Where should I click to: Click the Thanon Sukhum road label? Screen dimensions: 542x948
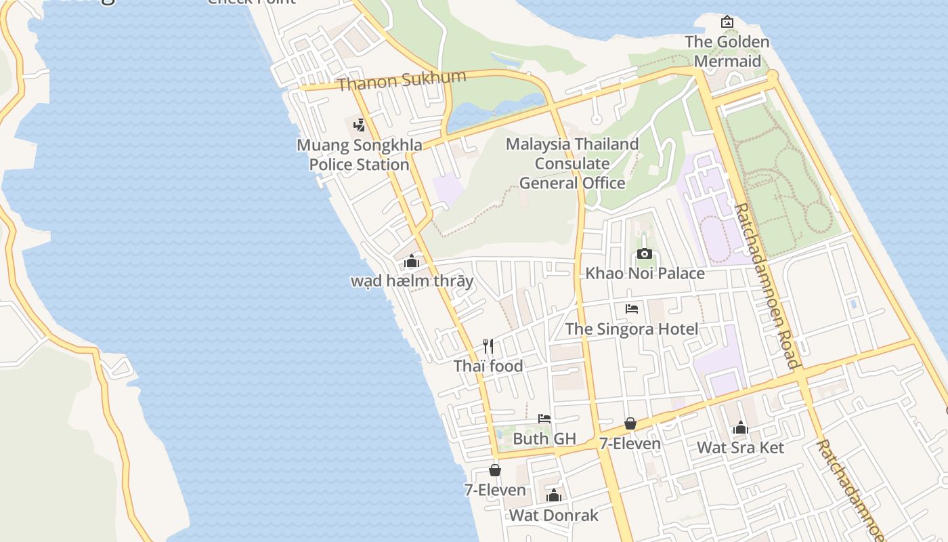click(x=402, y=81)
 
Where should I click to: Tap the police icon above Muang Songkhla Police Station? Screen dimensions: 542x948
click(x=360, y=125)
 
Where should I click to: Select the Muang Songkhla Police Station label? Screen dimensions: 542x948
click(x=360, y=154)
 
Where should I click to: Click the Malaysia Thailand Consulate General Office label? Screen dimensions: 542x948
click(x=572, y=163)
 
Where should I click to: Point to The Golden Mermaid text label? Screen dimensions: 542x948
click(x=727, y=51)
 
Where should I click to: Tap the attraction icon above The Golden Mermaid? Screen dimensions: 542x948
click(x=727, y=22)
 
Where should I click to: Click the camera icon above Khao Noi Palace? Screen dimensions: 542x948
click(x=645, y=254)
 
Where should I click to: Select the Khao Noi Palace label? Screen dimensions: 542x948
click(x=645, y=274)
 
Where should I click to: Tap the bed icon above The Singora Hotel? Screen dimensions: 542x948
click(x=632, y=309)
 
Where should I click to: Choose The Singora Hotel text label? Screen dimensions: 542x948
click(x=632, y=329)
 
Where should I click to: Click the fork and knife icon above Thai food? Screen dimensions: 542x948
click(x=488, y=346)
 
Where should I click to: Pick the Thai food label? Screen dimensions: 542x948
click(x=488, y=367)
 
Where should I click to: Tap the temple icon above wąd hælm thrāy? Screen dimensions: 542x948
click(x=412, y=262)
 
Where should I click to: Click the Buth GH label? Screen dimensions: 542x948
click(x=544, y=439)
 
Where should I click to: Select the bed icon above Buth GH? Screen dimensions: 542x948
click(x=544, y=419)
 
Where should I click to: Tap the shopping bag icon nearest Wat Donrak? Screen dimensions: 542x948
click(x=495, y=470)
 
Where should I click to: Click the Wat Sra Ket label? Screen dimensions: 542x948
click(x=740, y=448)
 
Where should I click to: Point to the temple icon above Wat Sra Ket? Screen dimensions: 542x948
click(x=740, y=428)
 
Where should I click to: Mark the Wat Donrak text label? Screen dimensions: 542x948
click(x=553, y=516)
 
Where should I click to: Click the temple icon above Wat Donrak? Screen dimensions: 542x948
click(x=554, y=495)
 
